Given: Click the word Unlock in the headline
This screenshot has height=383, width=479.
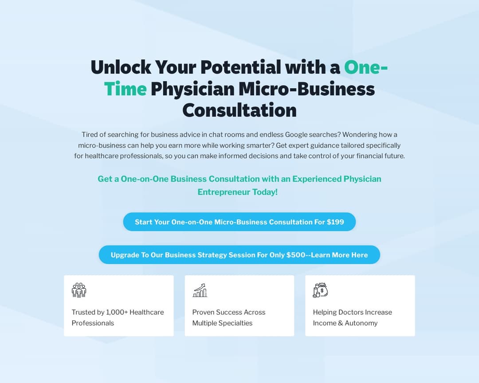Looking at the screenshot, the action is [x=121, y=67].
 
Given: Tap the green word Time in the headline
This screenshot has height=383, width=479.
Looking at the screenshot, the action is [x=125, y=89].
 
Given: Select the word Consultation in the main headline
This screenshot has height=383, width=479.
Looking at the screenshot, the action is [x=239, y=110].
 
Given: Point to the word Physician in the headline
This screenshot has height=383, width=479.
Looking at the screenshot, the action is [x=193, y=90].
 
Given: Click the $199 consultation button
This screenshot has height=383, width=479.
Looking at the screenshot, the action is [x=239, y=222].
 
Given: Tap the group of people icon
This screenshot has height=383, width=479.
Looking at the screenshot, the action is [x=79, y=290].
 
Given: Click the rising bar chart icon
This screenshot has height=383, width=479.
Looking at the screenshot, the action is [x=200, y=290].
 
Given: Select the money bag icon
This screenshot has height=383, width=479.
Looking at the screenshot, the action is [x=321, y=290].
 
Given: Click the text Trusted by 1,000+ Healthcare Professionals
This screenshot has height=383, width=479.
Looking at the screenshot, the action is [x=118, y=318].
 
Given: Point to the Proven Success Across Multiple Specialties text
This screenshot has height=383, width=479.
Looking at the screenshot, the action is [x=229, y=318].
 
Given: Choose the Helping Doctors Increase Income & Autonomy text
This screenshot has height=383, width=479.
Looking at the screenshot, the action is [x=353, y=318].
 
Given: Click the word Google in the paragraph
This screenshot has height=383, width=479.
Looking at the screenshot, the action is [x=296, y=135].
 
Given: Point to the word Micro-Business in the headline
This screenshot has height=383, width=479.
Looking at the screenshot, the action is [x=307, y=89].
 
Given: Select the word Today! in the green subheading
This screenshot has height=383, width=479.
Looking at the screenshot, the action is [x=265, y=192].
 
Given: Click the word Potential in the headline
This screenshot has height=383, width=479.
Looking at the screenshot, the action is [x=241, y=67].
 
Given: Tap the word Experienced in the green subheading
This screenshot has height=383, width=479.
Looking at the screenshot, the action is [x=317, y=179].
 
